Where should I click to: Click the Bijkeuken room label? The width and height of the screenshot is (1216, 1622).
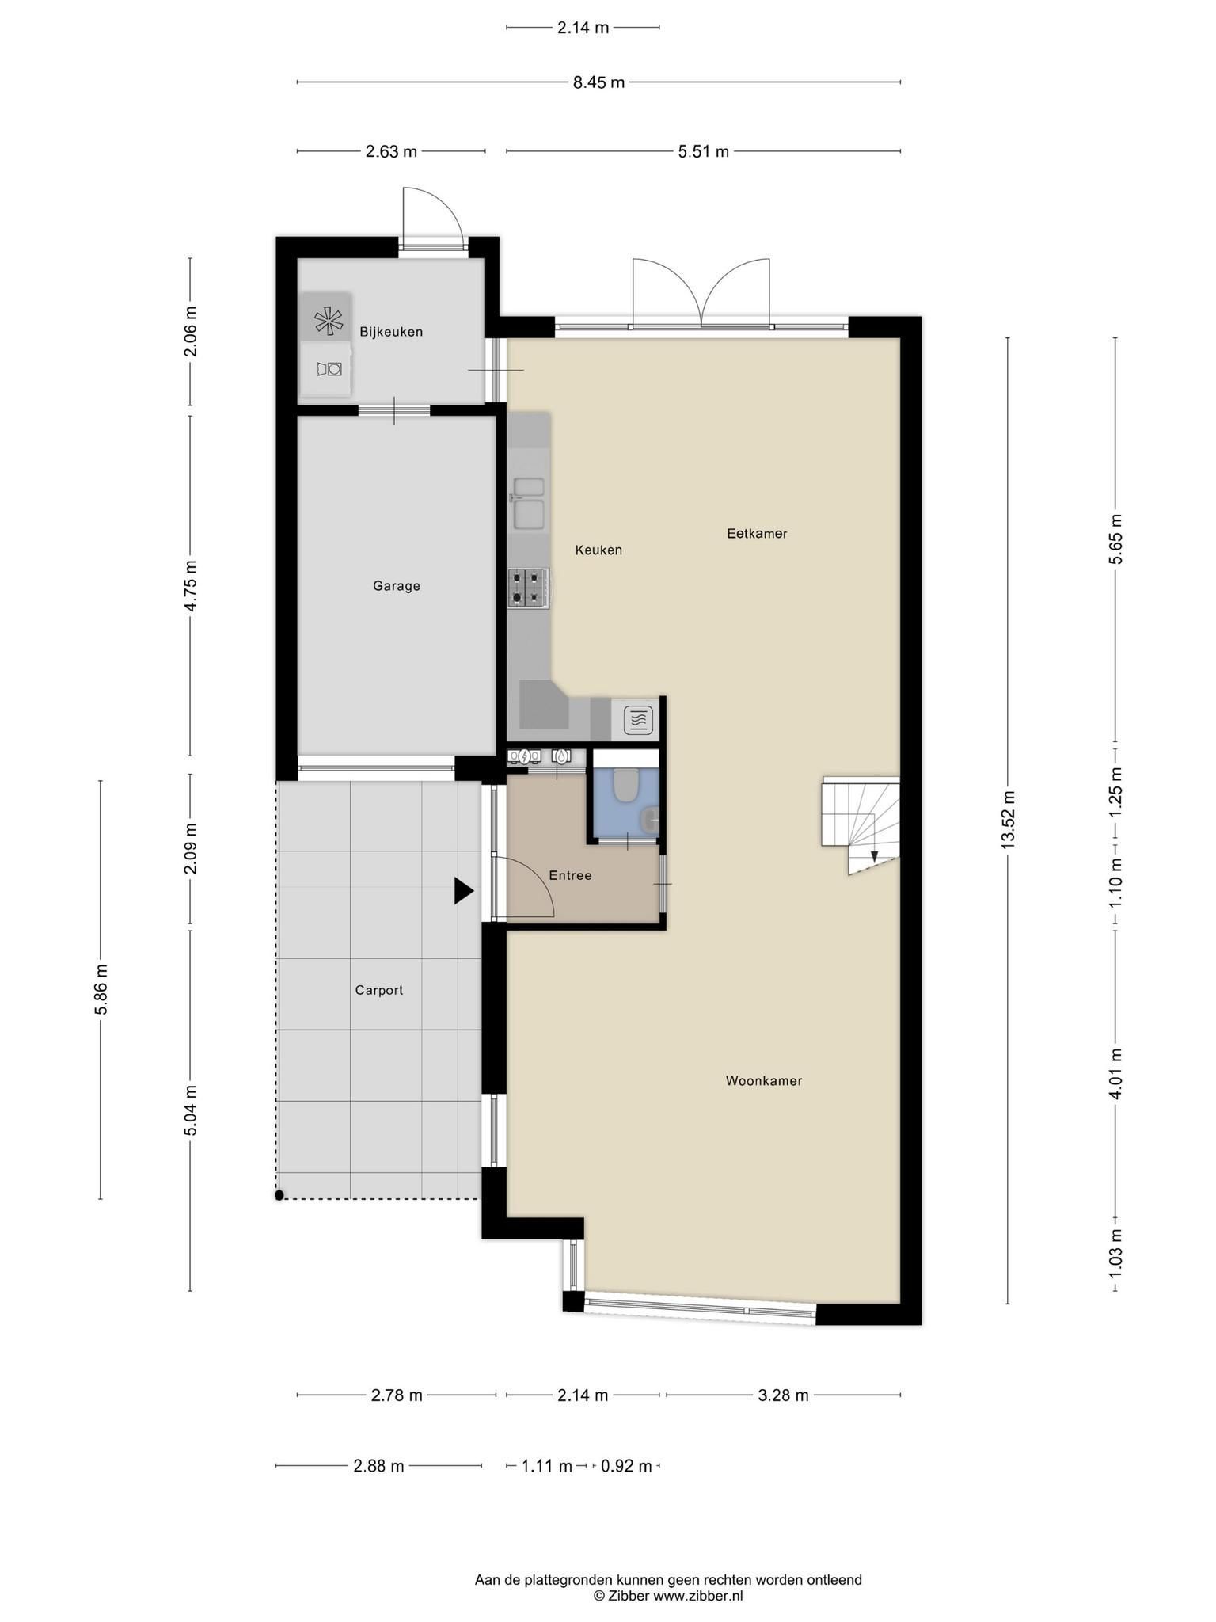tap(391, 332)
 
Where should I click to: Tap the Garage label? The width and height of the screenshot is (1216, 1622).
tap(397, 586)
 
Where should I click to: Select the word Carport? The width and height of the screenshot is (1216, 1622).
tap(379, 990)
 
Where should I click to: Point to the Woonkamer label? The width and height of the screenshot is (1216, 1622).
tap(764, 1081)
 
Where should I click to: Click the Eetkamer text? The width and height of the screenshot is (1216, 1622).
tap(757, 534)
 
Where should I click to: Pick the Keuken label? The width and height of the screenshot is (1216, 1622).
tap(598, 550)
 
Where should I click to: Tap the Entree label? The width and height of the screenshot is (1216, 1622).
tap(570, 875)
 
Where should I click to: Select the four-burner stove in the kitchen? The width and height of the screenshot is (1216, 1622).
tap(528, 588)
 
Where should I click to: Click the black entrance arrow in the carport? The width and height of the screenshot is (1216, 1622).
tap(463, 891)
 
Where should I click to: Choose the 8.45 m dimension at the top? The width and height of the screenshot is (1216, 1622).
tap(599, 82)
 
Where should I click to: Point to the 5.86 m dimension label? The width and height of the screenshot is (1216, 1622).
tap(101, 989)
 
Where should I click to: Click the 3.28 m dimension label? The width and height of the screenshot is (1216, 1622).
tap(783, 1395)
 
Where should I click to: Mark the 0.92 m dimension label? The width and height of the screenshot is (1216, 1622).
tap(626, 1466)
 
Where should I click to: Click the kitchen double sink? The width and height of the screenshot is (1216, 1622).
tap(528, 502)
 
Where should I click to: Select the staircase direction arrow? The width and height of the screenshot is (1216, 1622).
tap(874, 856)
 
